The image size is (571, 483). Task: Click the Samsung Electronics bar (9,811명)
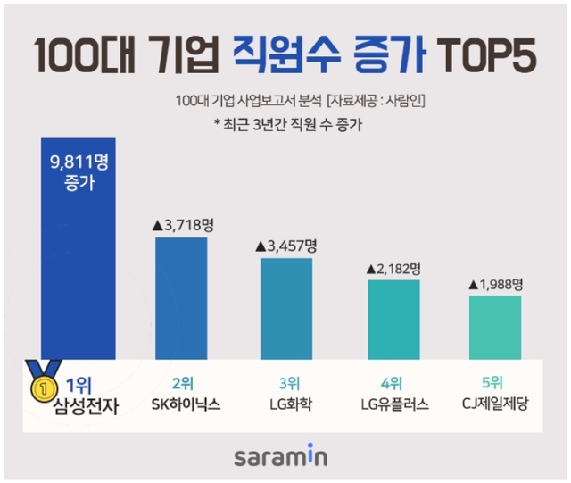coord(78,268)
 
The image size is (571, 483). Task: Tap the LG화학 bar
coord(285,308)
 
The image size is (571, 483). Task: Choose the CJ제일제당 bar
coord(495,327)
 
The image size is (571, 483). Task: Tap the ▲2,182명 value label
coord(392,267)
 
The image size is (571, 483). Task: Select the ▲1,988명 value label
coord(496,283)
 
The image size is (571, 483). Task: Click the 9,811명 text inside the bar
coord(79,162)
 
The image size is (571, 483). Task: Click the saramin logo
coord(281,457)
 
